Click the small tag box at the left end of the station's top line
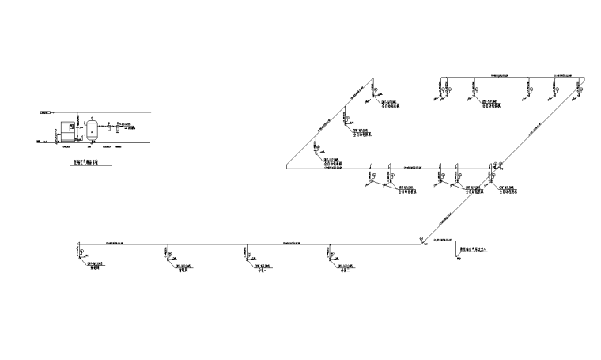[x=45, y=112]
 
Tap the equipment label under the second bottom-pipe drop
[x=183, y=267]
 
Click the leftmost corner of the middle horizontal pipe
[x=285, y=169]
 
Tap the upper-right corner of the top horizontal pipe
[x=583, y=76]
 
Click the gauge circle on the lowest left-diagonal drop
[x=317, y=144]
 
